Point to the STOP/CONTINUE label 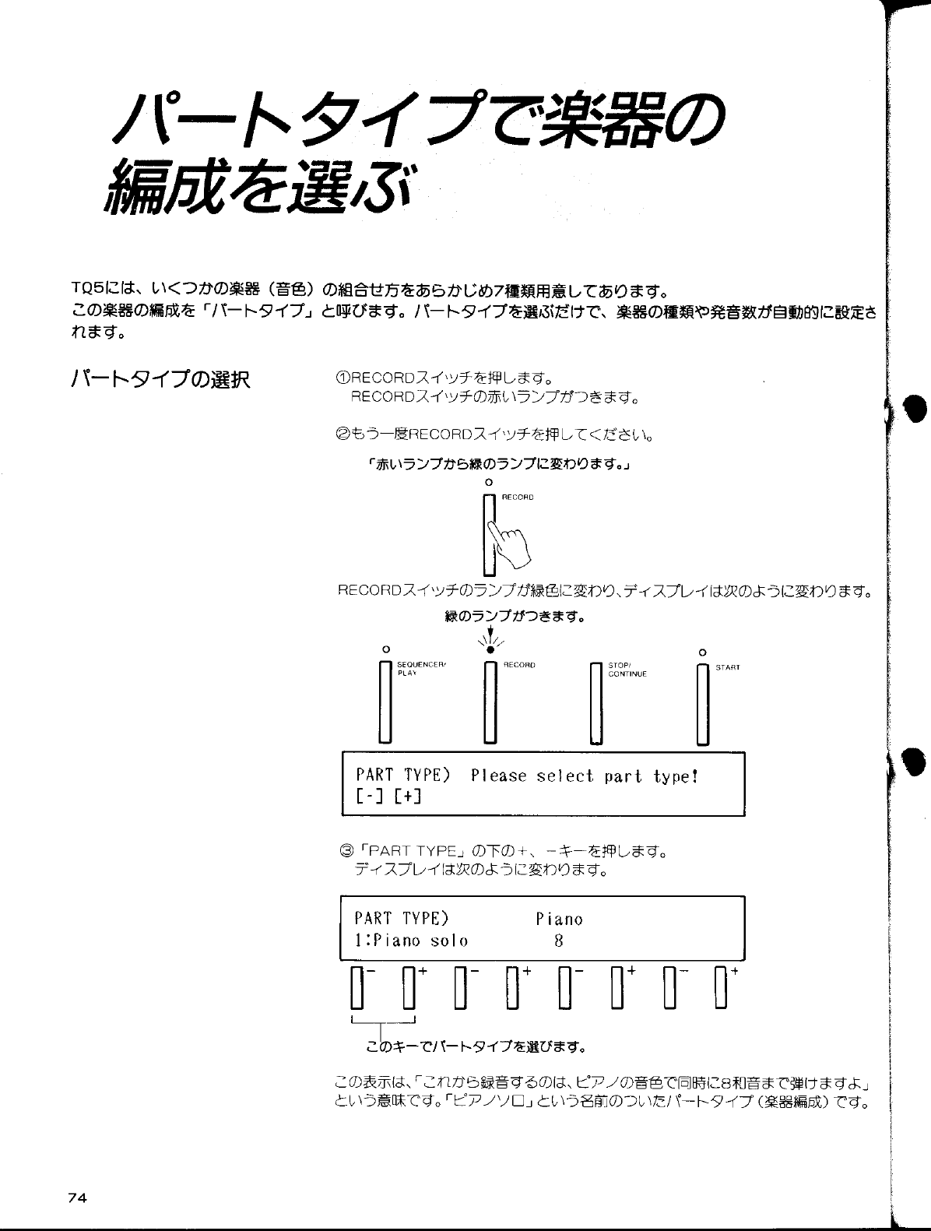point(627,669)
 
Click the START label point(727,667)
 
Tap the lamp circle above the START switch point(702,651)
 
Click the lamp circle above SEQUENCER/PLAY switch point(384,649)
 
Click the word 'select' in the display point(564,776)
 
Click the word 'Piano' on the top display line point(559,920)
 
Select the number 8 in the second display point(558,941)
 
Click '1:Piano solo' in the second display point(411,941)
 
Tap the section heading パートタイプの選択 point(160,379)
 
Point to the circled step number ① point(341,379)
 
